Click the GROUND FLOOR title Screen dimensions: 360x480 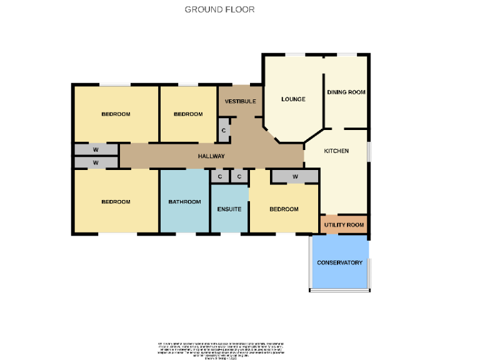click(x=219, y=9)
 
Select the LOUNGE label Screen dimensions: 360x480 click(x=293, y=99)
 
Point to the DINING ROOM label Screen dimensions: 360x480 click(x=346, y=92)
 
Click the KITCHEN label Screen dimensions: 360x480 click(x=336, y=151)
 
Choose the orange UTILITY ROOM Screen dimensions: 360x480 click(x=343, y=224)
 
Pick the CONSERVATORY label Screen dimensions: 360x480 click(x=339, y=262)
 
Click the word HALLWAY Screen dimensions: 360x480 click(x=211, y=156)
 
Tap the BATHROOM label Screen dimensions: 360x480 click(x=184, y=201)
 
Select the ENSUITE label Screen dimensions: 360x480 click(x=229, y=209)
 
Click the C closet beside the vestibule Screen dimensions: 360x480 click(x=224, y=130)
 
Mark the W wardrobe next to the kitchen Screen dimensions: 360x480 click(x=294, y=177)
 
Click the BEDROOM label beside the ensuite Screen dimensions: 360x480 click(x=284, y=209)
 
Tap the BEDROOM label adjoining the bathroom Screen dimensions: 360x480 click(x=116, y=201)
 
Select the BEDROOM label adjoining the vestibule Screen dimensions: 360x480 click(x=188, y=114)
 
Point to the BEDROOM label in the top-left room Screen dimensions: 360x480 click(x=116, y=114)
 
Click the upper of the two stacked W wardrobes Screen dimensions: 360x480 click(x=96, y=150)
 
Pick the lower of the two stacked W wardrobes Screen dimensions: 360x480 click(x=96, y=162)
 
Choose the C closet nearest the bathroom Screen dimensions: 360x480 click(x=219, y=177)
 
